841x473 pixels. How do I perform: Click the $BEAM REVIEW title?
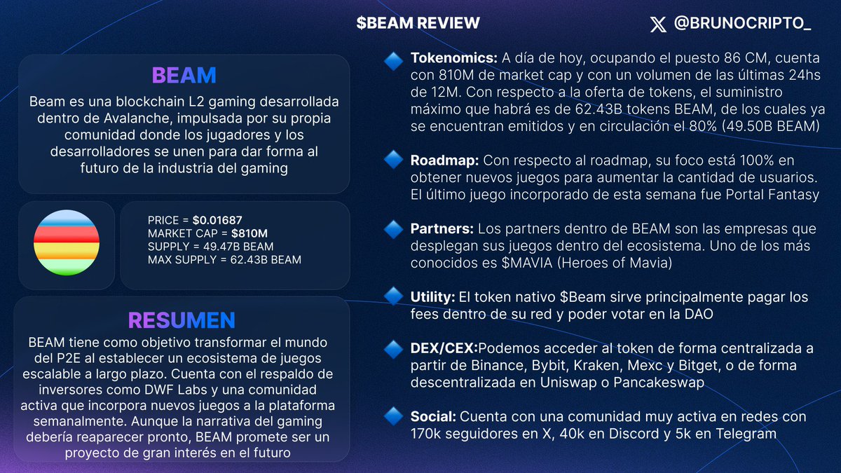click(418, 23)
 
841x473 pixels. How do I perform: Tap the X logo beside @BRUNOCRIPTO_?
click(658, 25)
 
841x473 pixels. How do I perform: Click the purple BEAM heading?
click(184, 76)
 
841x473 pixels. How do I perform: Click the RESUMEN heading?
click(182, 320)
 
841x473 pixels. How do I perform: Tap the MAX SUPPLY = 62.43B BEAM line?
click(224, 260)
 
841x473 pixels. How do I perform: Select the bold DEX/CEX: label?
click(444, 348)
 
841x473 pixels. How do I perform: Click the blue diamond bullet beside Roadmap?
click(393, 160)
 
